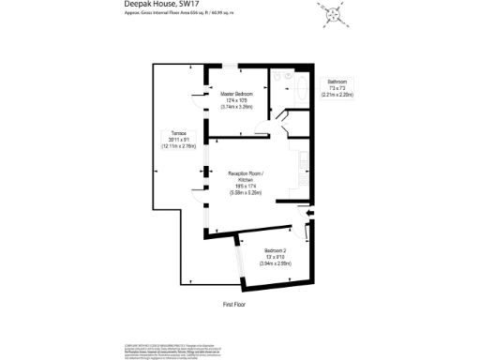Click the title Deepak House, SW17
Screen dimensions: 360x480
[161, 5]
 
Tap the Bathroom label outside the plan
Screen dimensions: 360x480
[336, 82]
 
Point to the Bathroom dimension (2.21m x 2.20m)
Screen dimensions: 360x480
[336, 95]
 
